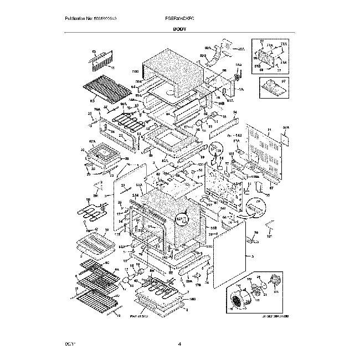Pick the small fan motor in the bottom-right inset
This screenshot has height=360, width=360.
(258, 290)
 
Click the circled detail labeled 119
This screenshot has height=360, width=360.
(218, 150)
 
